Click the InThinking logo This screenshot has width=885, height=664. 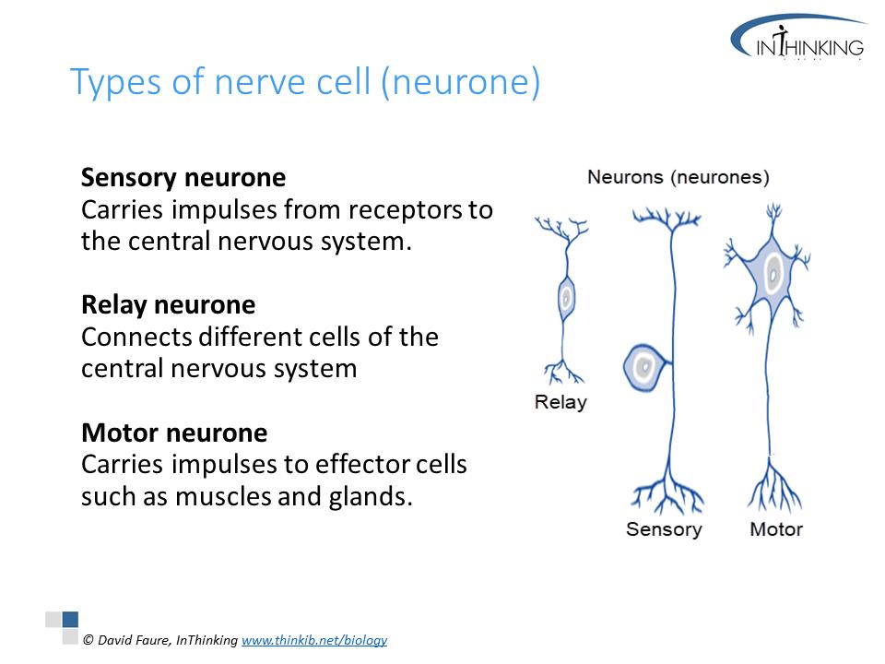[798, 41]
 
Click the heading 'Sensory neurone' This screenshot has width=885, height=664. [183, 177]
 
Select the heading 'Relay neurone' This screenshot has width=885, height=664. [168, 304]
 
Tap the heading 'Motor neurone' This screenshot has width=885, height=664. [174, 433]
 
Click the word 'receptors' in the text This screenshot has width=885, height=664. [401, 210]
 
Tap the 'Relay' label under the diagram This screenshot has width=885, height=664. [560, 402]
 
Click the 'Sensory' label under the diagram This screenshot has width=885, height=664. [664, 529]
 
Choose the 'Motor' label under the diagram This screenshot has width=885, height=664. [776, 529]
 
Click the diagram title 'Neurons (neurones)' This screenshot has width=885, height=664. [678, 177]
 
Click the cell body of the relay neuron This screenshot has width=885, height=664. [566, 298]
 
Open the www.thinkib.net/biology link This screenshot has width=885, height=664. [314, 640]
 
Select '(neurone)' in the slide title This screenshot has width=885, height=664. [458, 83]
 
